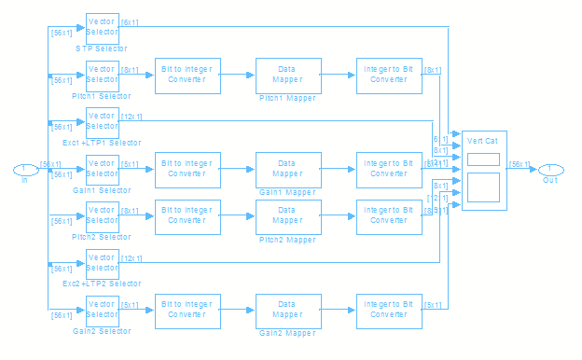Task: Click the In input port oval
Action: [24, 169]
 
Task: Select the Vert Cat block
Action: [484, 170]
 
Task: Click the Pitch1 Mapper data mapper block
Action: [287, 75]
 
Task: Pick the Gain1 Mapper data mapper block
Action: [287, 169]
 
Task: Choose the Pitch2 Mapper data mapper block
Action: [287, 216]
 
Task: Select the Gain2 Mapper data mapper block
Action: [287, 311]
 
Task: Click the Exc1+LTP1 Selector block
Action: [102, 122]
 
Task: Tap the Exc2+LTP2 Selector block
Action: [102, 264]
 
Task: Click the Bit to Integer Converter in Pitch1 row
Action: [187, 75]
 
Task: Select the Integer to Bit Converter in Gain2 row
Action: [388, 311]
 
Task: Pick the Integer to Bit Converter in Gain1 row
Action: [388, 169]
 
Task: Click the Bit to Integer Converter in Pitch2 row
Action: [187, 216]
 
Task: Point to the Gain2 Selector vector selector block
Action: [102, 311]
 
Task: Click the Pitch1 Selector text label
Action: [102, 96]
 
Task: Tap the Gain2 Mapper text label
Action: [287, 332]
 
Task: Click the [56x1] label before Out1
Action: [519, 164]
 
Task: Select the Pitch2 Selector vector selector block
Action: [102, 216]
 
